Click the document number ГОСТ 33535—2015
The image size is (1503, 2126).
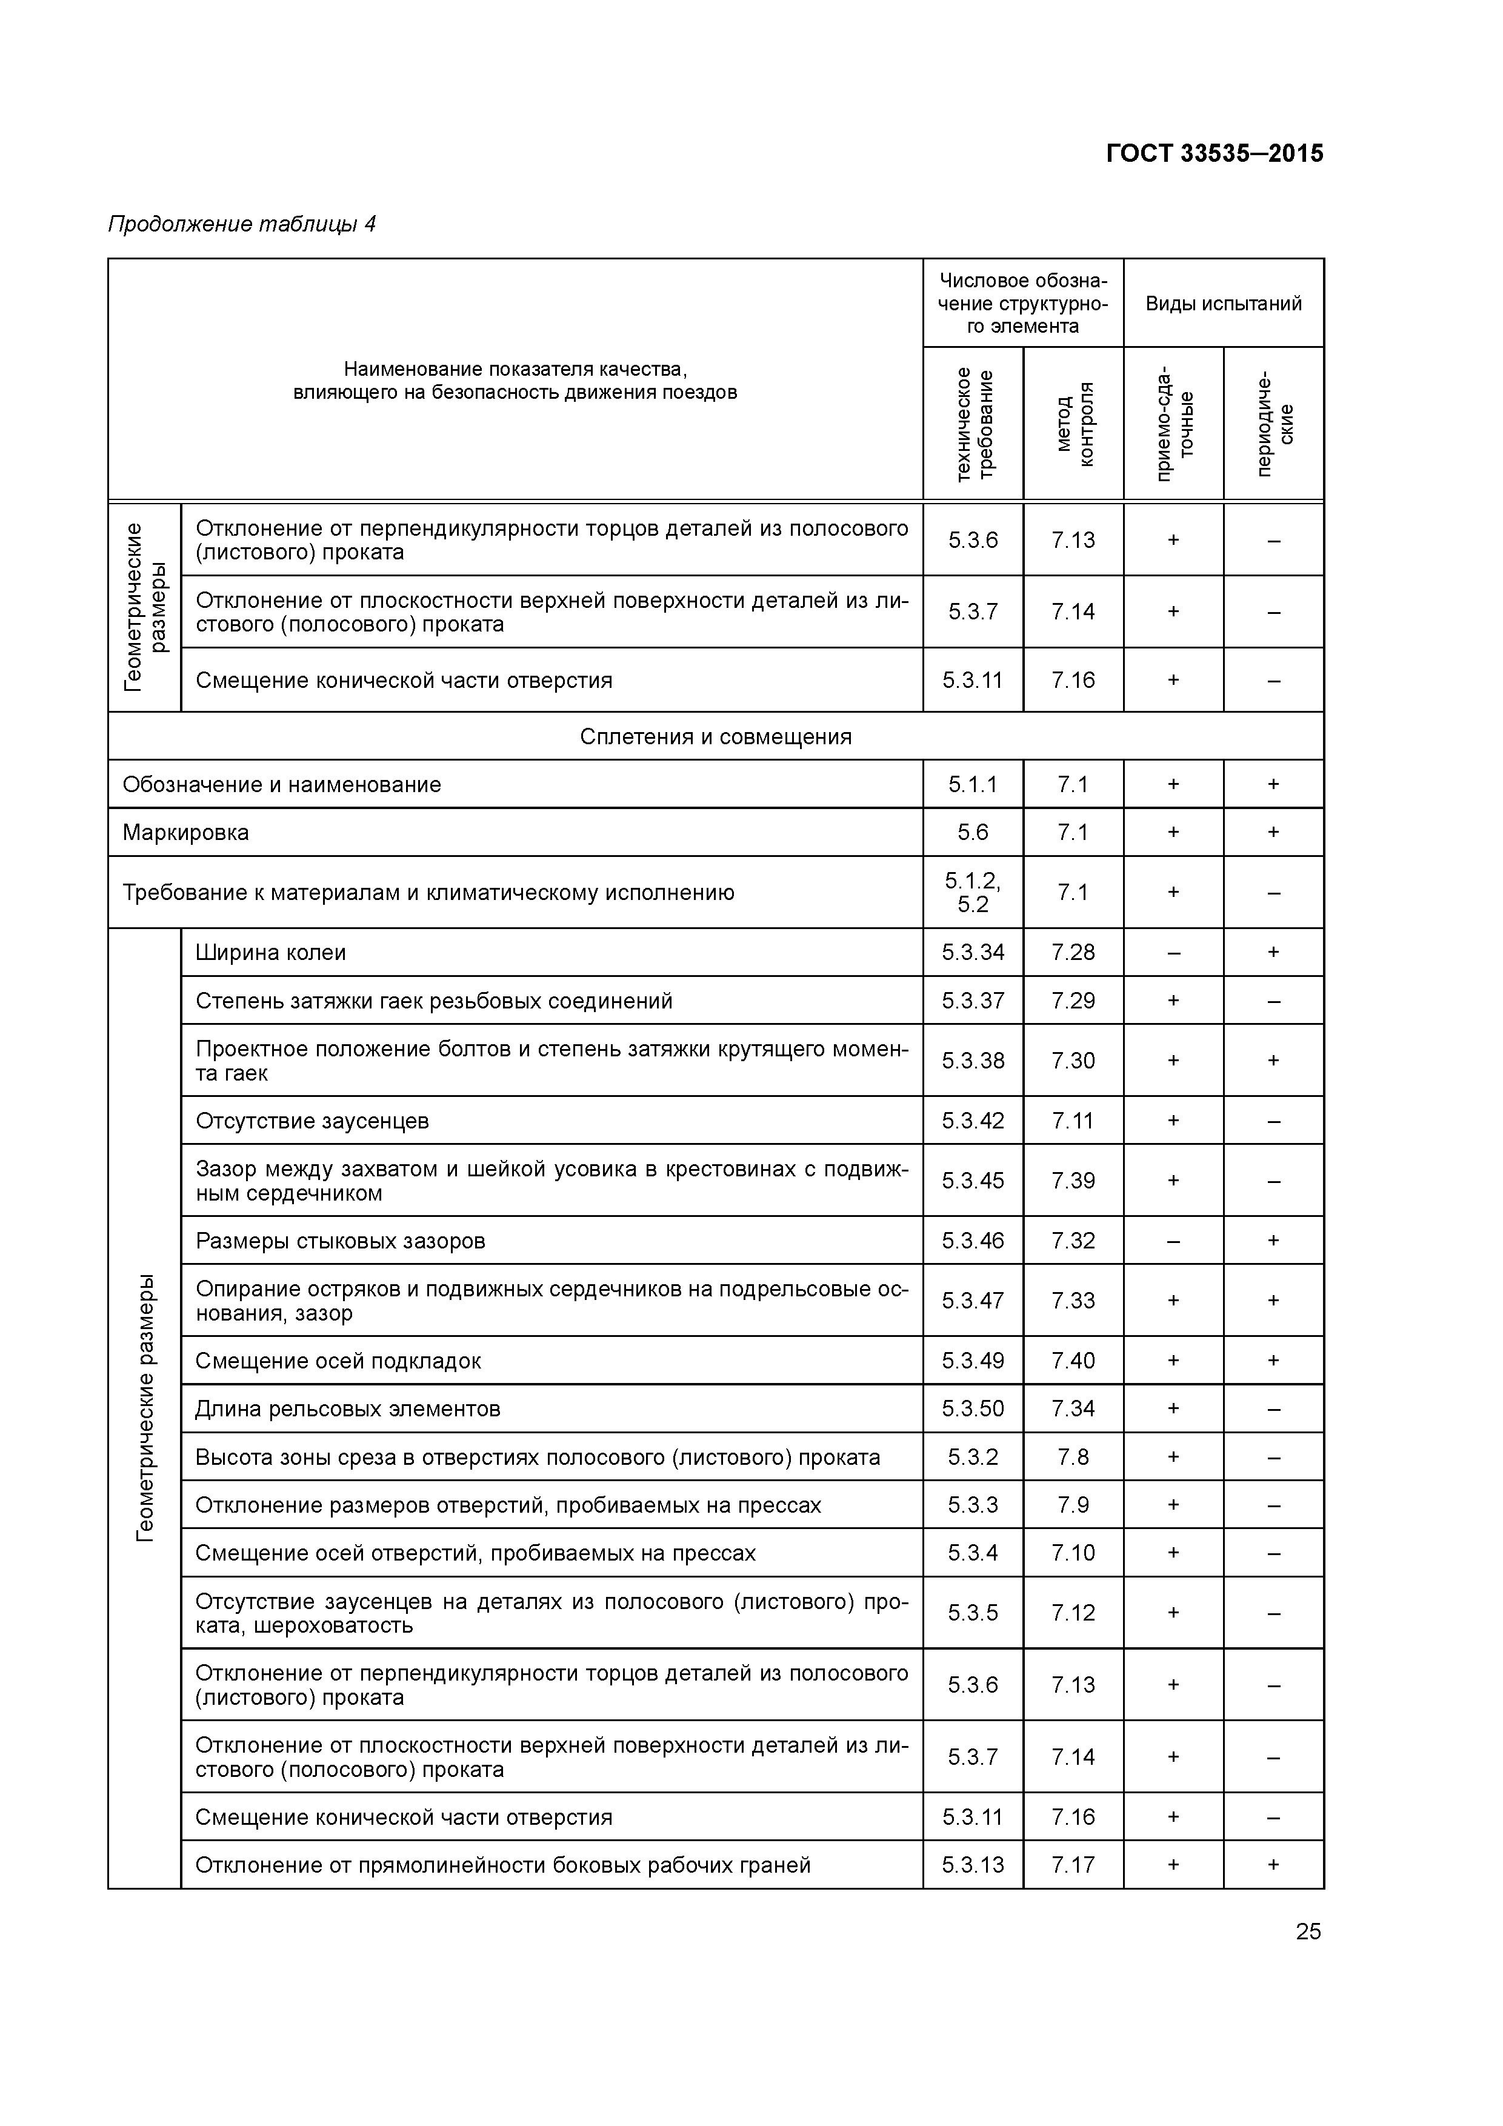[1214, 154]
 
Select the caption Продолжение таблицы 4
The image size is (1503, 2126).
[242, 224]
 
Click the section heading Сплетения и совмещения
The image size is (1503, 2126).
[715, 736]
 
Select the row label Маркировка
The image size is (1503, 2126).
[186, 833]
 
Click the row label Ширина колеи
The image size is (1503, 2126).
[270, 953]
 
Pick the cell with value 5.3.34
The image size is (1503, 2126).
[972, 953]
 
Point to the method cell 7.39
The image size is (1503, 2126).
[1072, 1181]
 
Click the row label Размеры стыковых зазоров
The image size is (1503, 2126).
[340, 1241]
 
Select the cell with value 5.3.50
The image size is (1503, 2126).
[972, 1408]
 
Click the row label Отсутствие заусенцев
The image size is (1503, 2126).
[312, 1121]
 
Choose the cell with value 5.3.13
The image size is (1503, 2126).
[972, 1865]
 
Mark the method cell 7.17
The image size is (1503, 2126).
[1072, 1865]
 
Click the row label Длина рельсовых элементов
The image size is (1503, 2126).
[347, 1408]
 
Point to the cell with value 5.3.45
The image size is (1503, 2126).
[972, 1181]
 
